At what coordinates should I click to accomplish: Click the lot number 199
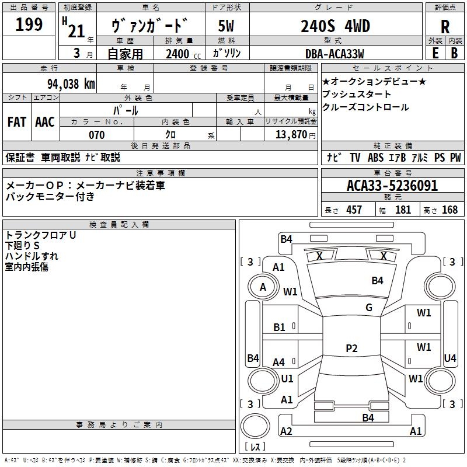click(29, 25)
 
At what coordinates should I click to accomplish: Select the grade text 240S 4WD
click(335, 26)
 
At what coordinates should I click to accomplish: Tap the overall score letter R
click(445, 27)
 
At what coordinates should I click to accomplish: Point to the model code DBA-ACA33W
click(334, 54)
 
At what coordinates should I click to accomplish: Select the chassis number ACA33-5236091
click(392, 186)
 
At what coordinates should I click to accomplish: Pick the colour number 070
click(96, 135)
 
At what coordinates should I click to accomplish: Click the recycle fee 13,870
click(290, 135)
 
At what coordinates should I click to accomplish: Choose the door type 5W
click(226, 26)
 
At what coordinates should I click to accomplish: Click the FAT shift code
click(17, 122)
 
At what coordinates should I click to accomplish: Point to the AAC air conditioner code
click(45, 122)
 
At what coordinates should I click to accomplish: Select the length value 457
click(354, 210)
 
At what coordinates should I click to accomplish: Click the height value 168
click(450, 210)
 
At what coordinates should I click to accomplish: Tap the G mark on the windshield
click(369, 308)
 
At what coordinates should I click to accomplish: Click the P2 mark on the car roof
click(351, 348)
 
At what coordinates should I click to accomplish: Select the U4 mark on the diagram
click(450, 358)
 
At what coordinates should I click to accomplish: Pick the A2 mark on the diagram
click(286, 431)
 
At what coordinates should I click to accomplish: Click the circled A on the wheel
click(263, 287)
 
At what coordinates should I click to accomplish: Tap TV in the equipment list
click(355, 158)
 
